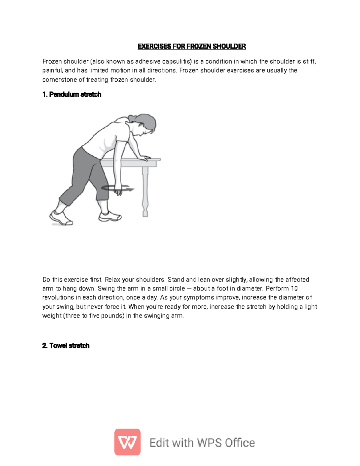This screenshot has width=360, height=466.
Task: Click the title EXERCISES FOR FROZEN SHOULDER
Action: click(192, 46)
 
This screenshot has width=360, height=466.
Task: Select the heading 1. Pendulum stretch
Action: click(72, 95)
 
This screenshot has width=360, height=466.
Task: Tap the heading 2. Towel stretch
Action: click(66, 346)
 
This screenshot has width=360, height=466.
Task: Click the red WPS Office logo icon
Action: click(127, 442)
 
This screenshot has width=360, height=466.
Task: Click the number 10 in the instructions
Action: click(294, 289)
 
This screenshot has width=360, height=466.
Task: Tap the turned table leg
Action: click(145, 192)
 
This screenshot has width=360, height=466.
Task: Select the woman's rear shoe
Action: click(61, 218)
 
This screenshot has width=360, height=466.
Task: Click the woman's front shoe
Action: click(110, 217)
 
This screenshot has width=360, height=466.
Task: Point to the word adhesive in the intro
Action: click(148, 62)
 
